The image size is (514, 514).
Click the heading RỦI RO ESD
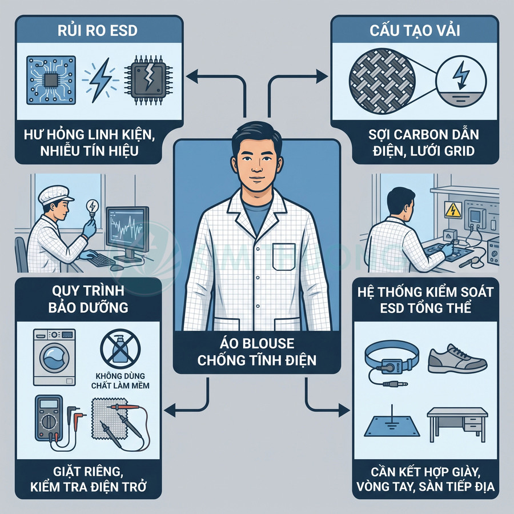pyautogui.click(x=97, y=30)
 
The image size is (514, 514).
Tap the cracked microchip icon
pyautogui.click(x=148, y=79)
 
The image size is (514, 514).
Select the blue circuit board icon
pyautogui.click(x=51, y=80)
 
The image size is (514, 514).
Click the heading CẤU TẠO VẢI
pyautogui.click(x=415, y=30)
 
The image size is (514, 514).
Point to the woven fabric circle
pyautogui.click(x=382, y=81)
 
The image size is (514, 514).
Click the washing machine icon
pyautogui.click(x=54, y=358)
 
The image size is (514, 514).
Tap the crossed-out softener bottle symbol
pyautogui.click(x=121, y=349)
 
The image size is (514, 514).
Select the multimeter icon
pyautogui.click(x=49, y=419)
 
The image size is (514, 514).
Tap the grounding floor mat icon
pyautogui.click(x=392, y=424)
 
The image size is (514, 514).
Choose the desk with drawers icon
pyautogui.click(x=457, y=425)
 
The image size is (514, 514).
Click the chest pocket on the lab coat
pyautogui.click(x=284, y=256)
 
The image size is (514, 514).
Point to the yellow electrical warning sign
pyautogui.click(x=453, y=210)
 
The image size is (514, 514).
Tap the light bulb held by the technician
pyautogui.click(x=93, y=207)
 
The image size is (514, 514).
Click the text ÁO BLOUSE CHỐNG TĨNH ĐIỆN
pyautogui.click(x=257, y=352)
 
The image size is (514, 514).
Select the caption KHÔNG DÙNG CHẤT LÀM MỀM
pyautogui.click(x=121, y=380)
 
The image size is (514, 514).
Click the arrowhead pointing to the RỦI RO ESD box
pyautogui.click(x=191, y=76)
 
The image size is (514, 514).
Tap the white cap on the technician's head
pyautogui.click(x=56, y=195)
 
